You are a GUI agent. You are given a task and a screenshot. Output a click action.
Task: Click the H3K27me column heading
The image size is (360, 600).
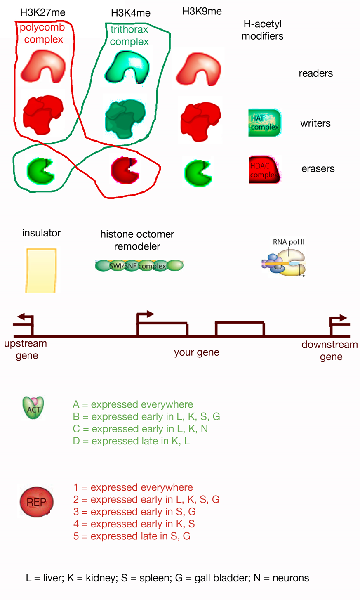(x=43, y=13)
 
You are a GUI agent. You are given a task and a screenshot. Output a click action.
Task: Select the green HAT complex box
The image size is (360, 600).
(x=264, y=123)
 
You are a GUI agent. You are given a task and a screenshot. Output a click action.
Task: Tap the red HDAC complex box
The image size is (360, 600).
(x=264, y=170)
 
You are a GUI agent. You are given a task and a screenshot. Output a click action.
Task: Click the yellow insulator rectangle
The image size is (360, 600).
(x=41, y=270)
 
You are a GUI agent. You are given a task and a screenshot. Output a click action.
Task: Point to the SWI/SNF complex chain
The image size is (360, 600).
(x=139, y=265)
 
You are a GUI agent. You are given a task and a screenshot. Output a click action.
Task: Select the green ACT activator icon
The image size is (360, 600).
(x=33, y=408)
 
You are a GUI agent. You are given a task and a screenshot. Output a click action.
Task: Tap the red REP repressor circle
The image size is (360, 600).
(x=37, y=502)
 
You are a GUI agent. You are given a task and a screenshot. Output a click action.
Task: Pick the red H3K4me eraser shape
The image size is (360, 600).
(x=124, y=170)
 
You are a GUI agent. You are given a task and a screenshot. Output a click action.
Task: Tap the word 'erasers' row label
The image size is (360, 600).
(x=318, y=169)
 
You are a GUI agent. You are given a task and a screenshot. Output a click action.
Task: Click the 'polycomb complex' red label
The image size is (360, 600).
(x=43, y=34)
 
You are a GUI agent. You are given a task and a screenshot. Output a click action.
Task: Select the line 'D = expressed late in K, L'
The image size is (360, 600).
(x=131, y=441)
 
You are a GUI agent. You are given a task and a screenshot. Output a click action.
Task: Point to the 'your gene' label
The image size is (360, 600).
(x=196, y=352)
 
